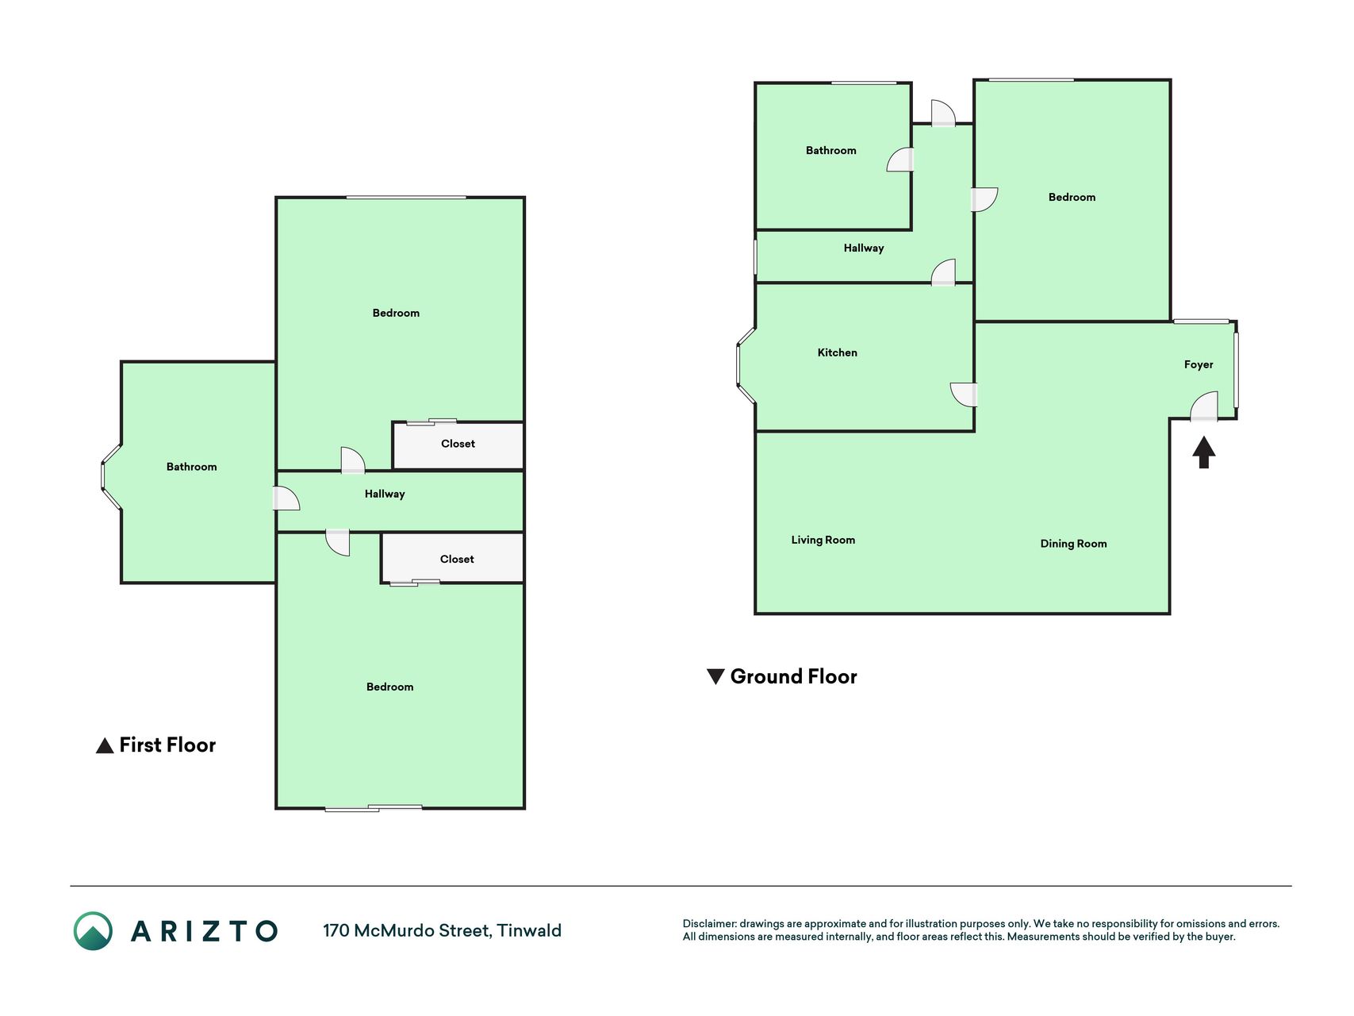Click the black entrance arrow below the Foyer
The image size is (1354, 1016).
(x=1203, y=452)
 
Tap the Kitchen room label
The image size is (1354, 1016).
(x=837, y=352)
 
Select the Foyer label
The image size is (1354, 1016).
(x=1198, y=365)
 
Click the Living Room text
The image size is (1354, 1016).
(x=823, y=541)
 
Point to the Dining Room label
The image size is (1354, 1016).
(x=1073, y=544)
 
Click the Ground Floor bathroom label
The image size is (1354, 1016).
(x=830, y=150)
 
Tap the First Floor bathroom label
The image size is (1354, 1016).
(x=191, y=467)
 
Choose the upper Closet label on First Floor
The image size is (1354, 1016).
(x=458, y=444)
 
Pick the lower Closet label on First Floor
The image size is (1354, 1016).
(x=457, y=559)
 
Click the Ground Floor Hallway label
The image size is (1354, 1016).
(x=863, y=248)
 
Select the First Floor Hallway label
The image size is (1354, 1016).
(x=385, y=494)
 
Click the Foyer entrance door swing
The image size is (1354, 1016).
(x=1203, y=406)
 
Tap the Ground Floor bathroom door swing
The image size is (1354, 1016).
(x=899, y=160)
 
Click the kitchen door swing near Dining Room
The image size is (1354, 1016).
(x=963, y=394)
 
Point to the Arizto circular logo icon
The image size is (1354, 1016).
(x=93, y=931)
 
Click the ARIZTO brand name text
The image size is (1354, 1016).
(x=204, y=931)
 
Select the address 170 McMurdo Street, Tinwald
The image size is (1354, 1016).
(x=442, y=930)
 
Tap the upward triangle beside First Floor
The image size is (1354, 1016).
(x=105, y=746)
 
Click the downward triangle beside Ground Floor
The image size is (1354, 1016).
(x=715, y=676)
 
